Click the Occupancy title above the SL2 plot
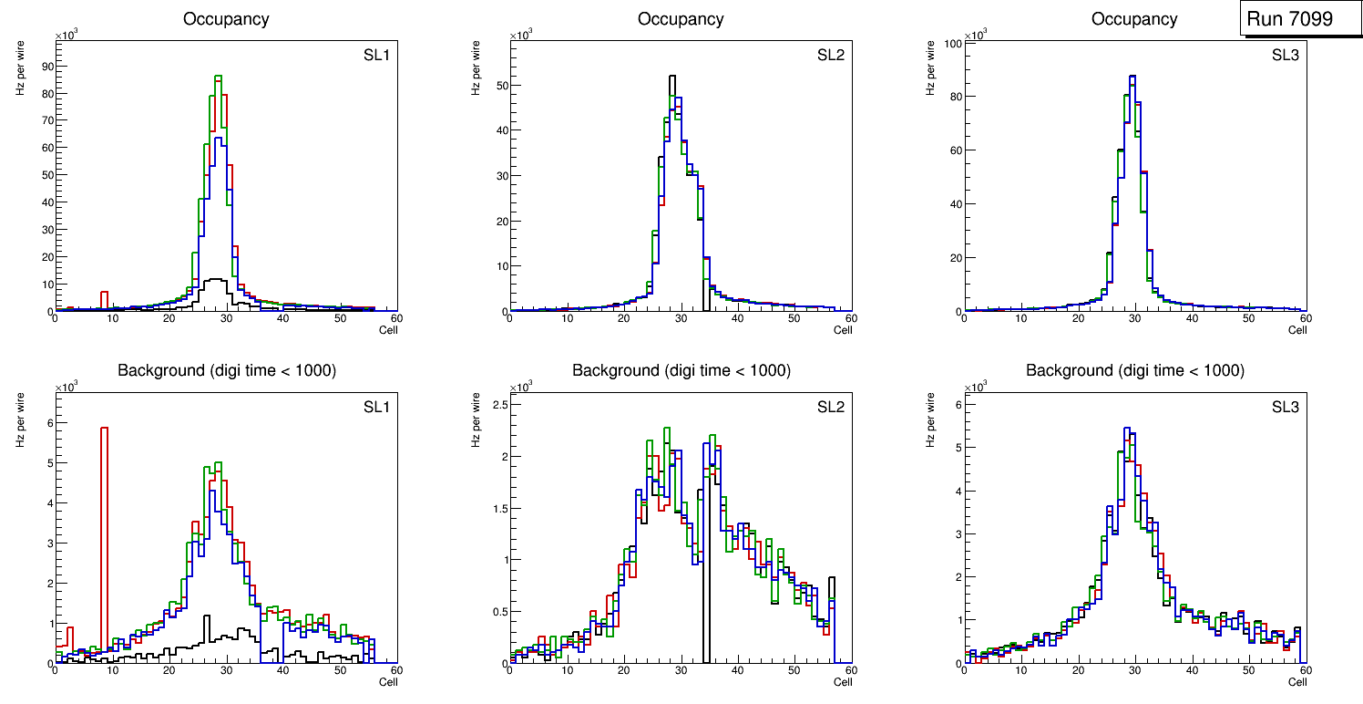(681, 19)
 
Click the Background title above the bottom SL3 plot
(1134, 370)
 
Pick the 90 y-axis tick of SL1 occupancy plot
(46, 67)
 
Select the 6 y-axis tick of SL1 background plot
(48, 423)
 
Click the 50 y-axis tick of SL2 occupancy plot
(500, 86)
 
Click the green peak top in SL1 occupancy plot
(219, 77)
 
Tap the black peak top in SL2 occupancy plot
(672, 77)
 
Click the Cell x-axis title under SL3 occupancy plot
(1297, 330)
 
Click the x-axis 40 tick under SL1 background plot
(283, 670)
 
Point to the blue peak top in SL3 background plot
(1127, 429)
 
